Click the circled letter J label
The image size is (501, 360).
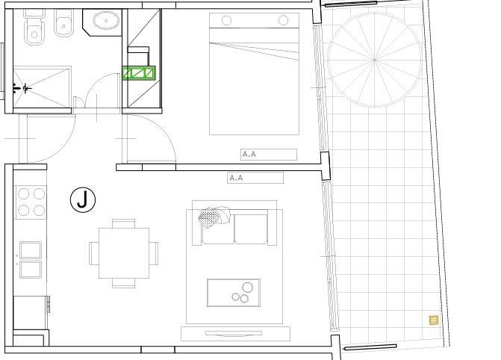click(83, 200)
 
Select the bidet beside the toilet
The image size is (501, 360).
click(64, 23)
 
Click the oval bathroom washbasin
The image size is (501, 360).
click(106, 20)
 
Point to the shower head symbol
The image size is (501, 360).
click(26, 88)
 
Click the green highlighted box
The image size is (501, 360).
click(139, 73)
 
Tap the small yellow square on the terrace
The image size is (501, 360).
click(434, 320)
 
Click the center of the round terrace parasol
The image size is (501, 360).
click(375, 60)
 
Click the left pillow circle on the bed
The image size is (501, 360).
click(226, 20)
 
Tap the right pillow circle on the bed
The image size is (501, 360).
click(283, 20)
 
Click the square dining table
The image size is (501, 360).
click(124, 253)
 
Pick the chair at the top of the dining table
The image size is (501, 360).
click(124, 223)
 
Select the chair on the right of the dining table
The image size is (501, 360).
click(154, 253)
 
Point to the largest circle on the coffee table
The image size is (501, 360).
click(248, 288)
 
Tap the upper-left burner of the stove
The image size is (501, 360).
click(24, 193)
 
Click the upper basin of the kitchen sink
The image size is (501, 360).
click(31, 250)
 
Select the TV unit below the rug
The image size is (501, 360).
click(235, 333)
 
